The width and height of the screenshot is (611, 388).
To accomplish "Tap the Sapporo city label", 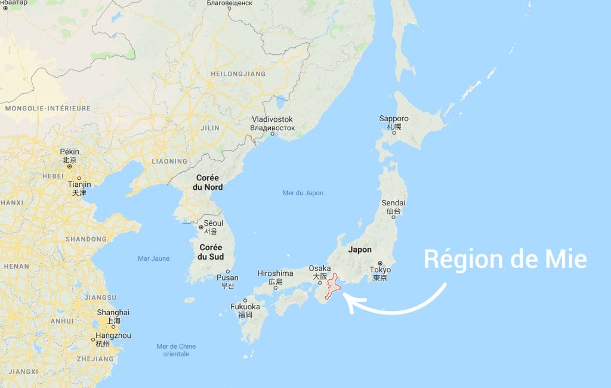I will point(394,119).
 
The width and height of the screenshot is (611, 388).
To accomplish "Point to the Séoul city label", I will point(214,223).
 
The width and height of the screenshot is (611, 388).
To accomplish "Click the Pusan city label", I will point(227,278).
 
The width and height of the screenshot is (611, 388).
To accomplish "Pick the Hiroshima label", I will point(275,273).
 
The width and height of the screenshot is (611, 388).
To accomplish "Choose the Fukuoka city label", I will point(245,307).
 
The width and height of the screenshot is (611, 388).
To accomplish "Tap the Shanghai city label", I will point(113,312).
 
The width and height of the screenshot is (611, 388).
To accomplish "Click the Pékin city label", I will point(69,152).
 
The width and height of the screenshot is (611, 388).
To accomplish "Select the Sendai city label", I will point(394,203).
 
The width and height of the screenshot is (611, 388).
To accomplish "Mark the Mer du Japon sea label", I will point(303,193).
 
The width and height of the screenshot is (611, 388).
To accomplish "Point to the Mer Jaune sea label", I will point(153,258).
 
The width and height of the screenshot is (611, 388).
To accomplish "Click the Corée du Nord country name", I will point(208,183).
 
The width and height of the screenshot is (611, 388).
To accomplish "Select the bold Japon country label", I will point(360,250).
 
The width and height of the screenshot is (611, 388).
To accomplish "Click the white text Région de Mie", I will point(505,260).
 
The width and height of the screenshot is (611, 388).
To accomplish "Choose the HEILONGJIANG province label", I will point(238,74).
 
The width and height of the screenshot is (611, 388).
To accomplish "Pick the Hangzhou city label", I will point(113,336).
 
